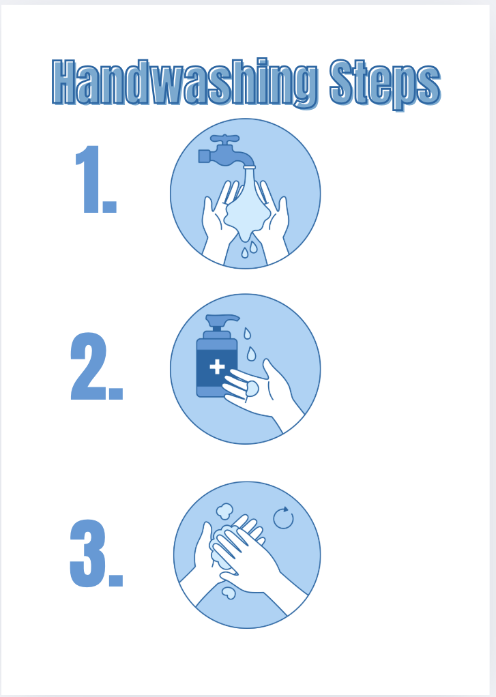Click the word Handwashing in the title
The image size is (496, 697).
pyautogui.click(x=185, y=83)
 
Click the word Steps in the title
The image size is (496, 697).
pyautogui.click(x=385, y=85)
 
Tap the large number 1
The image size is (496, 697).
pyautogui.click(x=87, y=179)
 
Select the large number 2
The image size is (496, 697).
pyautogui.click(x=89, y=366)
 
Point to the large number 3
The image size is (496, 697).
pyautogui.click(x=88, y=553)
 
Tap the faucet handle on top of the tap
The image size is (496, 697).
pyautogui.click(x=224, y=138)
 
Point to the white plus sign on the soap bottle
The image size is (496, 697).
pyautogui.click(x=217, y=367)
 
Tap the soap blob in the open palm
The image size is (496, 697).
pyautogui.click(x=252, y=388)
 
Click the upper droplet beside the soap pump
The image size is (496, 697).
pyautogui.click(x=247, y=333)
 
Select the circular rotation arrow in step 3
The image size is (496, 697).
pyautogui.click(x=283, y=518)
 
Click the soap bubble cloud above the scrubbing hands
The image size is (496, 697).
pyautogui.click(x=224, y=511)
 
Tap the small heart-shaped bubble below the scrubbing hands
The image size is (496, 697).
pyautogui.click(x=229, y=593)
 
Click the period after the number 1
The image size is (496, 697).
pyautogui.click(x=109, y=207)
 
